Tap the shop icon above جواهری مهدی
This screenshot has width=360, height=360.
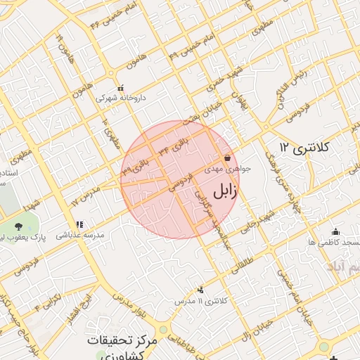click(x=227, y=158)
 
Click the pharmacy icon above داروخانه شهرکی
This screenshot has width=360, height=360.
click(x=121, y=89)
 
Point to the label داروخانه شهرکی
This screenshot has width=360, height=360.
click(x=120, y=98)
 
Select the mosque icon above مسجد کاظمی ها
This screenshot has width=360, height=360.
click(x=335, y=232)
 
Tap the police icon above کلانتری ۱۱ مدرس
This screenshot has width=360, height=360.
click(x=202, y=290)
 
